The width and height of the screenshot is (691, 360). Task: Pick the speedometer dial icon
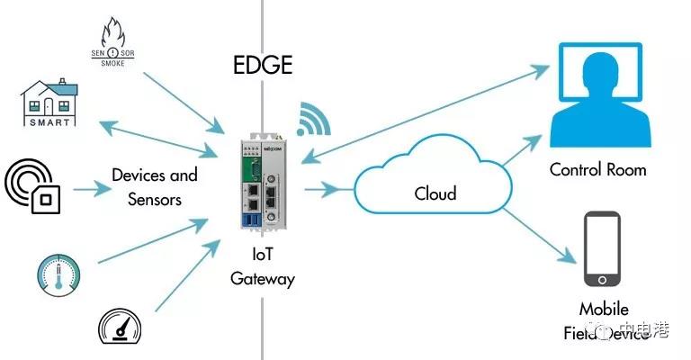[x=121, y=324]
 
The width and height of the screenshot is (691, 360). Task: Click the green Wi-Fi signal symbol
[x=314, y=120]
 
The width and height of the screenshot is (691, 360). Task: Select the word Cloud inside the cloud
[x=435, y=193]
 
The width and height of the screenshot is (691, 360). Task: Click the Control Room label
[x=597, y=169]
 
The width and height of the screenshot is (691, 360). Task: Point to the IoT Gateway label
[x=262, y=268]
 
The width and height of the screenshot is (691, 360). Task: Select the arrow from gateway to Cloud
[x=325, y=189]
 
